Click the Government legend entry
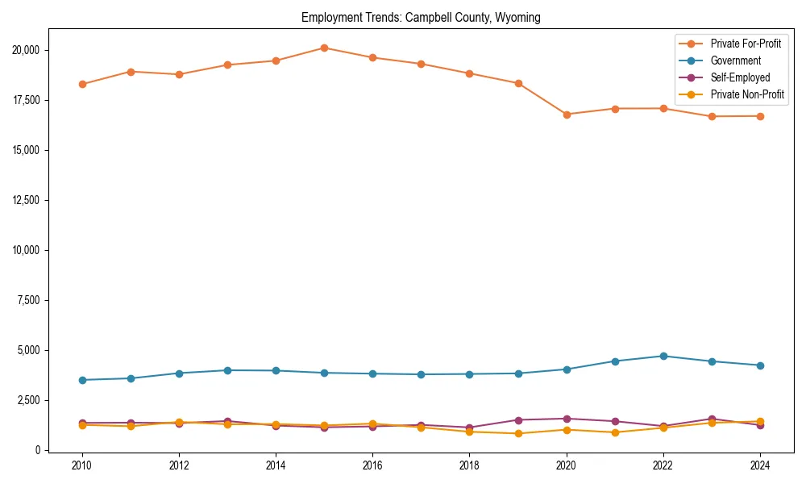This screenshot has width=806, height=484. [735, 60]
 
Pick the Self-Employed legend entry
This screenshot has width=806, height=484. [740, 77]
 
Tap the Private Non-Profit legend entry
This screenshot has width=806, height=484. [747, 94]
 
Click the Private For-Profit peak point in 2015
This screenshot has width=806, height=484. [324, 48]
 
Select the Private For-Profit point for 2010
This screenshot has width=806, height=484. [82, 84]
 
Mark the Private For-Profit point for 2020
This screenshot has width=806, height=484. [567, 115]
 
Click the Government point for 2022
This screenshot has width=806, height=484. [663, 356]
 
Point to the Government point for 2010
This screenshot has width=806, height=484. [82, 380]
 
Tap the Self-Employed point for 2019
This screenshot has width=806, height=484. [518, 420]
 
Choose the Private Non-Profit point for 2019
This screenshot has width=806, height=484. [518, 433]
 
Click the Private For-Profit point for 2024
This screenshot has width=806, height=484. [760, 116]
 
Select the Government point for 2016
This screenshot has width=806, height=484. [372, 373]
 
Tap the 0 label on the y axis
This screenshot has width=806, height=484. [37, 450]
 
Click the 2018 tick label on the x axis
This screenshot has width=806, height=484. [470, 465]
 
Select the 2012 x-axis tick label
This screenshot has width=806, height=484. [179, 465]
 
